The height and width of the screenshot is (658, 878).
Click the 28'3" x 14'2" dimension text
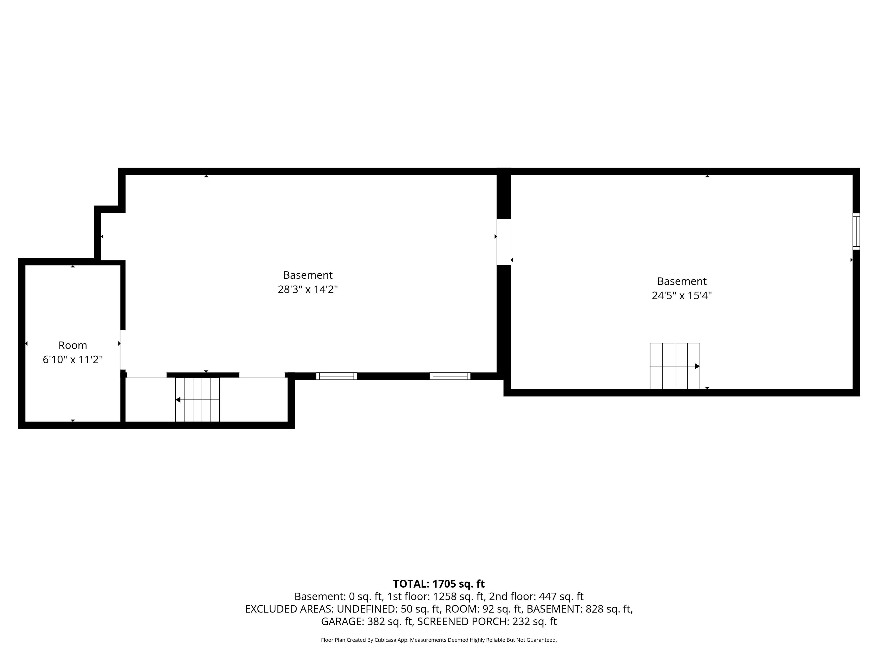(x=308, y=289)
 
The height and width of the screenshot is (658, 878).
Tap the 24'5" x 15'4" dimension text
(x=682, y=295)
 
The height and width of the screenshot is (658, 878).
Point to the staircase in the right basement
(x=675, y=366)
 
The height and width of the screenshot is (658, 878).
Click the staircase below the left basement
(x=197, y=399)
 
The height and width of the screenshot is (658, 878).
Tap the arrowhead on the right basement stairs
(x=697, y=366)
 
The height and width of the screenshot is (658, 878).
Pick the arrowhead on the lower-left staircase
(x=178, y=400)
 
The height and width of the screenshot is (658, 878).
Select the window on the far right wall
(x=856, y=232)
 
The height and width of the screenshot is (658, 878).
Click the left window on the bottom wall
(x=337, y=376)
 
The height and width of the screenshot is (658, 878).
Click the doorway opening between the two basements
(x=504, y=242)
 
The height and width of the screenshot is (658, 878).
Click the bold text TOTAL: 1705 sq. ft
(x=439, y=584)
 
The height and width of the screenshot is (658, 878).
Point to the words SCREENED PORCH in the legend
(x=462, y=621)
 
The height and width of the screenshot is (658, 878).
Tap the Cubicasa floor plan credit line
(x=439, y=640)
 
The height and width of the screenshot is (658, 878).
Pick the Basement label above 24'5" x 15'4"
(x=682, y=281)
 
